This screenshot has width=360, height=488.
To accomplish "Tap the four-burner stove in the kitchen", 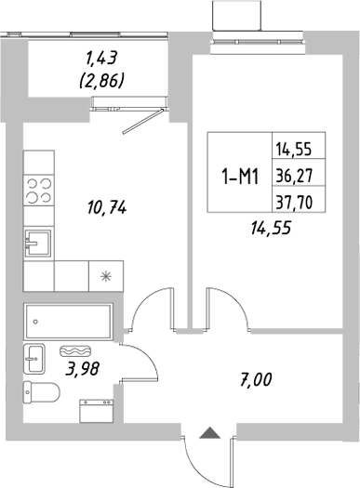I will coord(38,190).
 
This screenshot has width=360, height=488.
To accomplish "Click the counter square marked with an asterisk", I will coord(104,275).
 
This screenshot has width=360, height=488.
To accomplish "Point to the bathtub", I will coord(68,323).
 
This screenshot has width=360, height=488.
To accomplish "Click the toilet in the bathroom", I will coord(41,394).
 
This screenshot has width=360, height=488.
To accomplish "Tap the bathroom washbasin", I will coord(34,357).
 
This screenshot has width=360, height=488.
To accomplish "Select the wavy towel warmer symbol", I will coord(74,351).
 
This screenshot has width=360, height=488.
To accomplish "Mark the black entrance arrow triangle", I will coord(210,430).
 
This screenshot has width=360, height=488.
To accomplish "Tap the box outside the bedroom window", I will coord(238,16).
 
